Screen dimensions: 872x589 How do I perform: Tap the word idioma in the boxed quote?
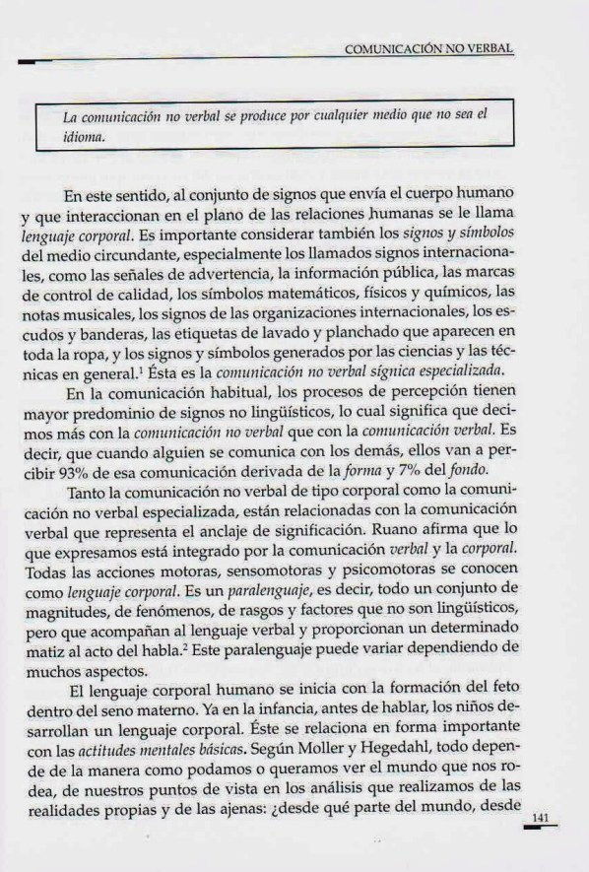coord(84,138)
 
